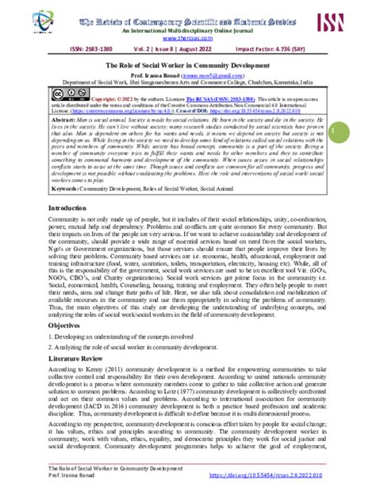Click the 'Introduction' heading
tap(48, 207)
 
